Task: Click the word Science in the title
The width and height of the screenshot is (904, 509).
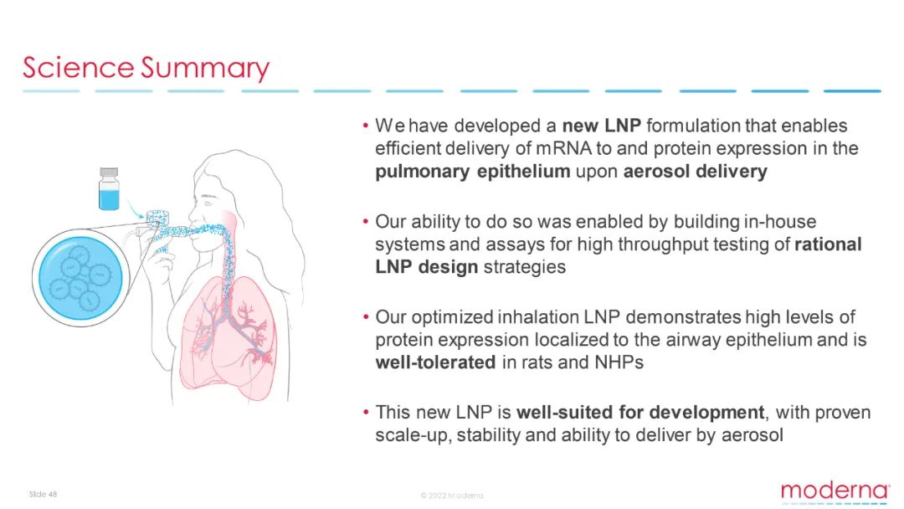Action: (79, 68)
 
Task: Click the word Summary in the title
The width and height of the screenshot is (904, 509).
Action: (205, 69)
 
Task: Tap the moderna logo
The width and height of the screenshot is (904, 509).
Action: (835, 491)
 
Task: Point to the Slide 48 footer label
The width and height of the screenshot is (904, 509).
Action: (44, 494)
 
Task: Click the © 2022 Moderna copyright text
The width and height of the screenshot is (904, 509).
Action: (452, 495)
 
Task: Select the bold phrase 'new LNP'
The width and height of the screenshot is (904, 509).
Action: (601, 126)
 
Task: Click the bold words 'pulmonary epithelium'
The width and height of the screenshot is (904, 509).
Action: (473, 172)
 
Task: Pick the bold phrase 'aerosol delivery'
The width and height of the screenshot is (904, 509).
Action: (696, 172)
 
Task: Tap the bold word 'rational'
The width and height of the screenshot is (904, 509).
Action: (828, 244)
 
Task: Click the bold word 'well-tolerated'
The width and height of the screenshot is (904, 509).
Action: (435, 362)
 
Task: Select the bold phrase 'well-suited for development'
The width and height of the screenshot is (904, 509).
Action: (640, 412)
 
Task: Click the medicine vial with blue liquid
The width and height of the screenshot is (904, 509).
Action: (109, 188)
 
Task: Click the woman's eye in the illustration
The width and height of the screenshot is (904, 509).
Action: (208, 203)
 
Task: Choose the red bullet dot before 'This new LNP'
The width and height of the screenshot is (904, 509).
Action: (366, 412)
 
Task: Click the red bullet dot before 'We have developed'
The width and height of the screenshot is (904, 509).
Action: (366, 125)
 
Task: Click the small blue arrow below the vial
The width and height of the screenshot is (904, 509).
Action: (136, 208)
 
